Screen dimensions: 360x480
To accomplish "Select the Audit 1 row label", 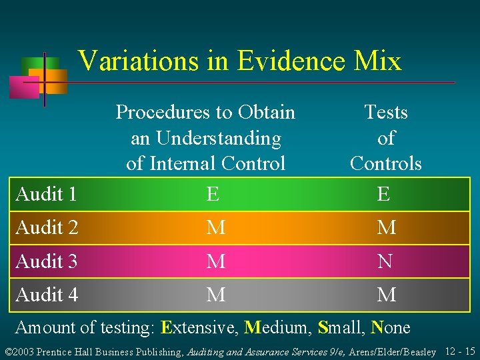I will pos(46,195).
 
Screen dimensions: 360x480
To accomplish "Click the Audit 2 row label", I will pos(47,228).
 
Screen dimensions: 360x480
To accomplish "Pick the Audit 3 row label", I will pos(47,261).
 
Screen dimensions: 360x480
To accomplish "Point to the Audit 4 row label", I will pos(47,294).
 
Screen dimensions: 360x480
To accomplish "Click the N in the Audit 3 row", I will pos(386,261).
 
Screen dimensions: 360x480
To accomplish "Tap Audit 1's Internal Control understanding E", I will pos(213,195).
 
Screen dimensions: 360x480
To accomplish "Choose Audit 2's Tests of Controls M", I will pos(386,228).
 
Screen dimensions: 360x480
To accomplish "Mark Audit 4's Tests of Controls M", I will pos(386,294).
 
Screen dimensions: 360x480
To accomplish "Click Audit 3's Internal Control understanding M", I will pos(215,261).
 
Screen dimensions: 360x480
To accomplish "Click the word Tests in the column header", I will pos(386,112).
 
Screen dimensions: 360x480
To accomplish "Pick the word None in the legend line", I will pos(390,327).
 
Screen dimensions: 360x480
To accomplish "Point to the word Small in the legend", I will pos(340,327).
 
